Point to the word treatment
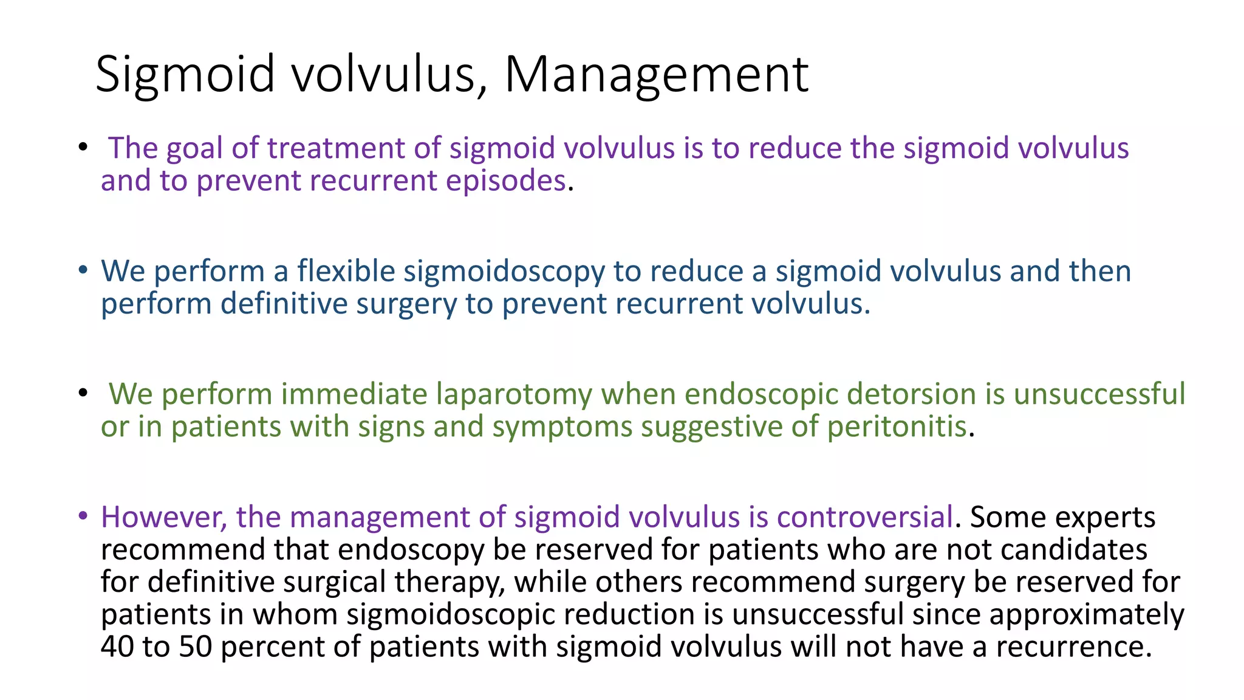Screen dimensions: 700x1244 tap(336, 149)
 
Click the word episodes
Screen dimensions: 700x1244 tap(506, 181)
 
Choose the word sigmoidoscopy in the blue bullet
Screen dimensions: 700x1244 tap(504, 272)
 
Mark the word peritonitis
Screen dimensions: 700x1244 tap(897, 427)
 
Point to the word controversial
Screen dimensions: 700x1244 tap(864, 518)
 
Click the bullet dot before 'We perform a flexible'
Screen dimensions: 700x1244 tap(83, 270)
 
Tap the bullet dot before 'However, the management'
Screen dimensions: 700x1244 tap(83, 516)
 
